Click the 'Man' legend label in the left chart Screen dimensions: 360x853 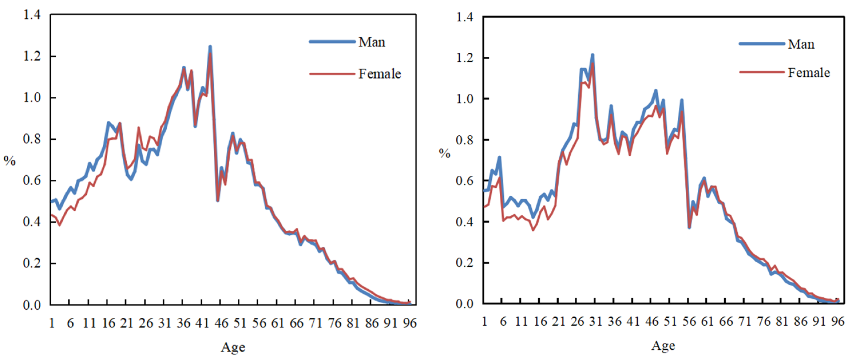372,42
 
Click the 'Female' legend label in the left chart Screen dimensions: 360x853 380,74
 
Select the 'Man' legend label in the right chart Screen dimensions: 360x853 801,44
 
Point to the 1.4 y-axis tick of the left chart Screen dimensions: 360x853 32,15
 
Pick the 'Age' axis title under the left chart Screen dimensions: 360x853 233,347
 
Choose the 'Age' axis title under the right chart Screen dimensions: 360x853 663,345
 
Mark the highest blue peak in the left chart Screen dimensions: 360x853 210,47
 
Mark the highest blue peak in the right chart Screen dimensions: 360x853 592,55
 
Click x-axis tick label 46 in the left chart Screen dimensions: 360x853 221,323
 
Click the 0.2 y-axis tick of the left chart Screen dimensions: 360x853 32,263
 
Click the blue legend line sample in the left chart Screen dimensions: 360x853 332,42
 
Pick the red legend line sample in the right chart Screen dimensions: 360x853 761,72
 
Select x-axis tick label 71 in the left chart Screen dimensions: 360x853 315,323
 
